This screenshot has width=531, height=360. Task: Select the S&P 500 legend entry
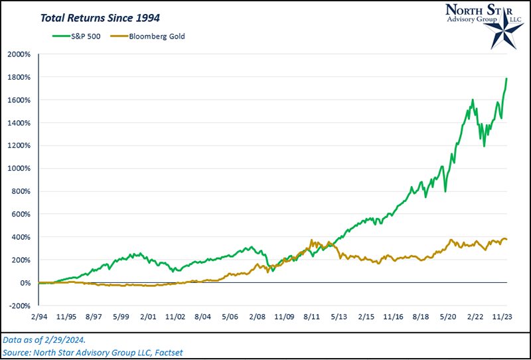tap(79, 36)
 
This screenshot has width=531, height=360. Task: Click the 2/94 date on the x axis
tap(40, 317)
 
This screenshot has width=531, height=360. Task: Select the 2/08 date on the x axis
tap(258, 317)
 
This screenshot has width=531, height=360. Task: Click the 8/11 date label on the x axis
tap(311, 317)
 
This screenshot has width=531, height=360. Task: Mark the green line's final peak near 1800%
tap(507, 78)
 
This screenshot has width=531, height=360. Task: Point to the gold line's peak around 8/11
tap(311, 241)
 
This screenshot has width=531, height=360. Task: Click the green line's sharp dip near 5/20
tap(445, 191)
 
